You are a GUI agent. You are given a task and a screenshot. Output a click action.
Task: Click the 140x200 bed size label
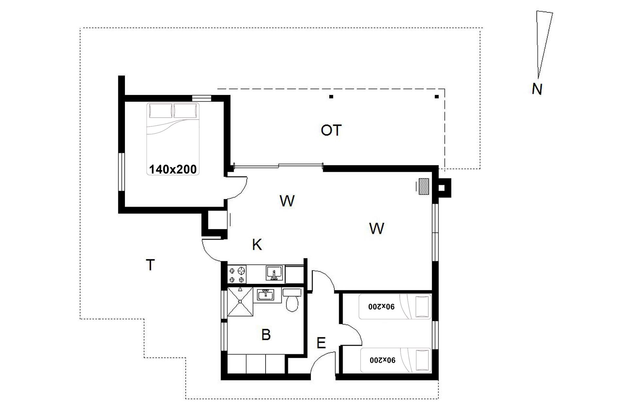[x=173, y=169]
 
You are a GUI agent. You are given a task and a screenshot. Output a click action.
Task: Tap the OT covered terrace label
[x=331, y=130]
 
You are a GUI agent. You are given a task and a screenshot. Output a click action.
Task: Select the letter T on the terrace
[x=150, y=265]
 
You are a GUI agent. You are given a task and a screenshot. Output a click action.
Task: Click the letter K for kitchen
[x=257, y=245]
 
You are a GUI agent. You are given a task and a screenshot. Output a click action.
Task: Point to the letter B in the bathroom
[x=266, y=335]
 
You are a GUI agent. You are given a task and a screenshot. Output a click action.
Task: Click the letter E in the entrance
[x=321, y=343]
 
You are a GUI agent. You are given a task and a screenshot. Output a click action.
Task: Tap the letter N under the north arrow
[x=537, y=89]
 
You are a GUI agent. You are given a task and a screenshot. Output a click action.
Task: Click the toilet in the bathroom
[x=292, y=300]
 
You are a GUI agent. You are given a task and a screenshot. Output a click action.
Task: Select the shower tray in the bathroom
[x=240, y=301]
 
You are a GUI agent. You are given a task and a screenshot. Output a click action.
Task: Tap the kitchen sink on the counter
[x=274, y=274]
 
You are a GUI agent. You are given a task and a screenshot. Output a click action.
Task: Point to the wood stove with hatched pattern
[x=424, y=187]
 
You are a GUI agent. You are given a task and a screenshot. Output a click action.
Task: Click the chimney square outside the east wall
[x=442, y=188]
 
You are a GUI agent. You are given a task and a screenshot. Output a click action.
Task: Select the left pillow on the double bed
[x=161, y=111]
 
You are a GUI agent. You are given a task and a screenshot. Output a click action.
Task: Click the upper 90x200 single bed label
[x=382, y=307]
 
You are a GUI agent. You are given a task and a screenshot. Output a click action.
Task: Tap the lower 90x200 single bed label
[x=383, y=360]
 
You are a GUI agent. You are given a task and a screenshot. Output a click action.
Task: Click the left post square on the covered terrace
[x=331, y=97]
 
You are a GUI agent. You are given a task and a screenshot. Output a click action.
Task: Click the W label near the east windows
[x=376, y=228]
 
